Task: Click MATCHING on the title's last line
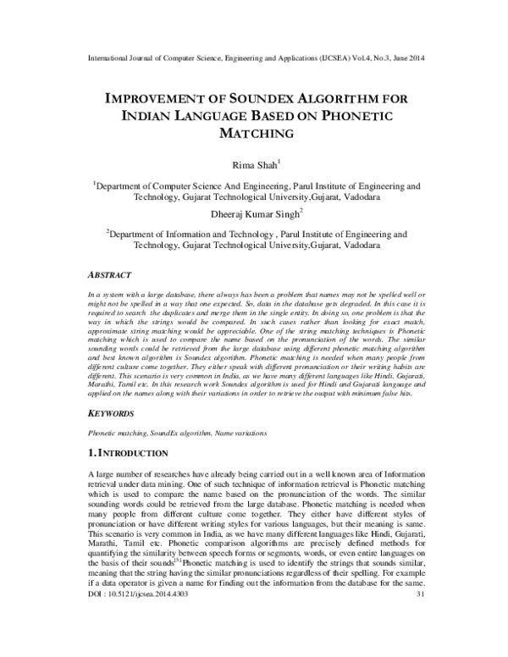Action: click(254, 133)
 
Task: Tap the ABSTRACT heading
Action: click(110, 275)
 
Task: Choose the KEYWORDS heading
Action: click(111, 414)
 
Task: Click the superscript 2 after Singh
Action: click(302, 212)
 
